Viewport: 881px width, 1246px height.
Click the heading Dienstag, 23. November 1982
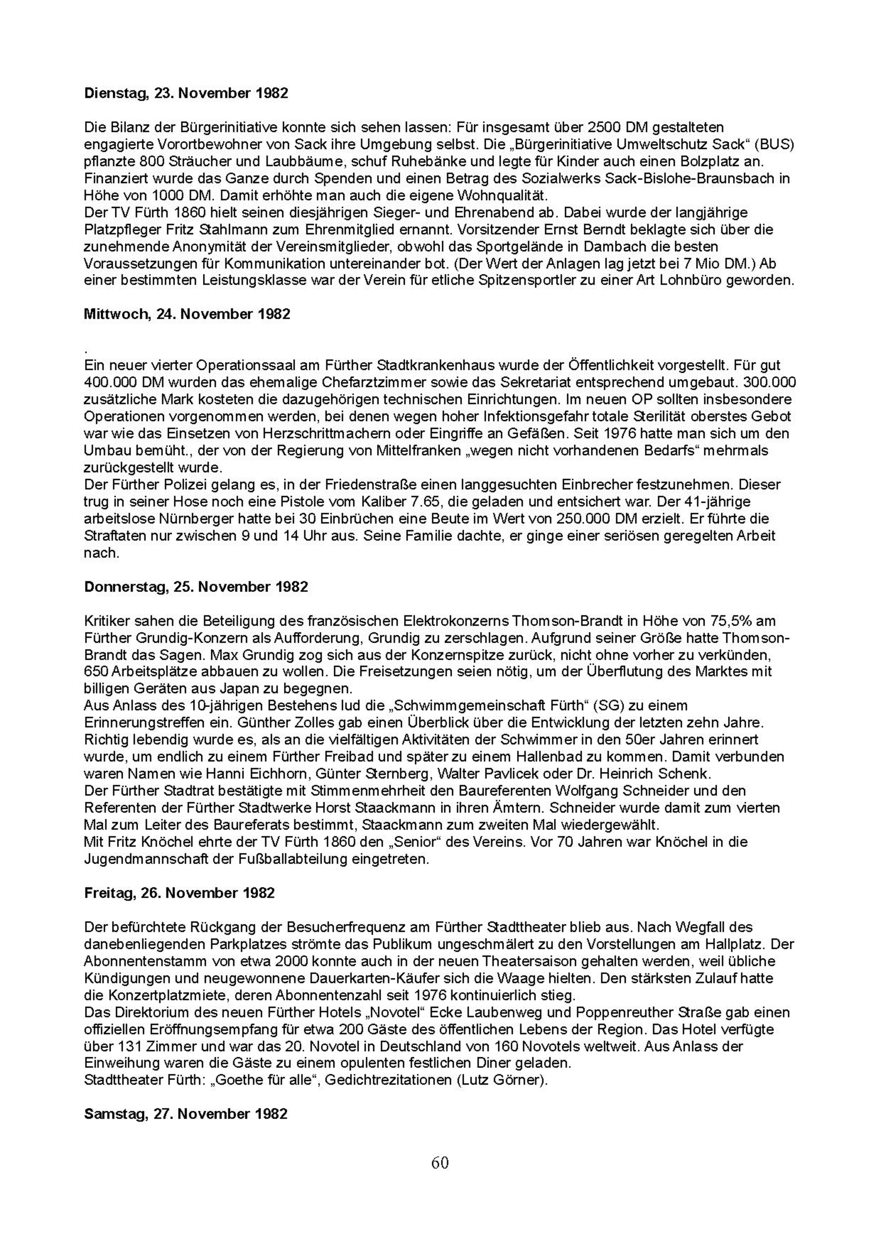(186, 93)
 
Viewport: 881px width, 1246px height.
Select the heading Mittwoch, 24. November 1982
(187, 314)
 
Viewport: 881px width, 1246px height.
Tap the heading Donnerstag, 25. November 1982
(196, 587)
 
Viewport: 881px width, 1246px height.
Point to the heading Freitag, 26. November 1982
(180, 893)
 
